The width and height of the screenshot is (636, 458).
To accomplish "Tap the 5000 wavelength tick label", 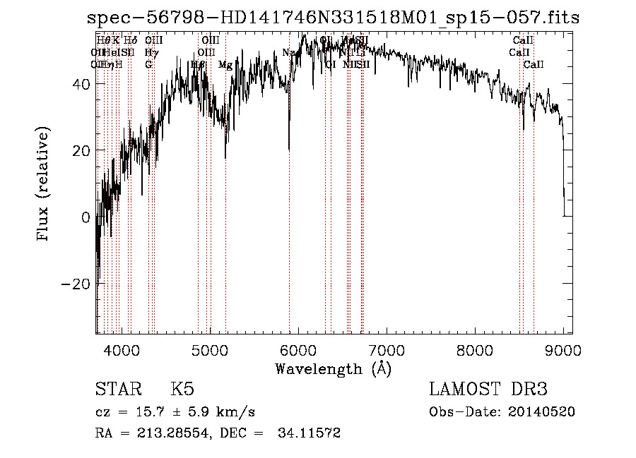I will click(x=210, y=349).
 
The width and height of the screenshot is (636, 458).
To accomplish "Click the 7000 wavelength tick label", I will click(x=387, y=349).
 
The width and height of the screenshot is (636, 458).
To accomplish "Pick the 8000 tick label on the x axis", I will click(x=475, y=349).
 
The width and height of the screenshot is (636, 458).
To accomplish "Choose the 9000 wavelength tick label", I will click(x=563, y=349).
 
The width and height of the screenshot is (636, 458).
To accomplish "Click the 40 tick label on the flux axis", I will click(x=83, y=84).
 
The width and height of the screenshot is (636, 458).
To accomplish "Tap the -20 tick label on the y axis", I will click(x=78, y=284).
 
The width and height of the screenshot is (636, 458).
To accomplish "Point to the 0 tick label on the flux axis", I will click(x=86, y=217).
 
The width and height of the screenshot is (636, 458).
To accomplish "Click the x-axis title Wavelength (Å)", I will click(x=333, y=368).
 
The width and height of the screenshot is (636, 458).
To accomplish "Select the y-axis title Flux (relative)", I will click(x=44, y=185).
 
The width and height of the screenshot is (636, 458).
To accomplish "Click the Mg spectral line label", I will click(x=225, y=65).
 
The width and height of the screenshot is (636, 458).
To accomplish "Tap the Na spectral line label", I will click(x=288, y=53).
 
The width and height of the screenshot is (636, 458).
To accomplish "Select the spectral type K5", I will click(x=182, y=390).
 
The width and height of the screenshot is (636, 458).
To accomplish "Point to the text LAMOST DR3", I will click(x=488, y=390).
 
